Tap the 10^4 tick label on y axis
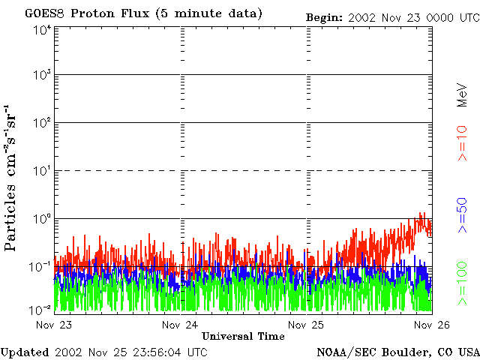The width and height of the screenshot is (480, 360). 42,31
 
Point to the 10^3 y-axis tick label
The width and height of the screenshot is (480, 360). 42,75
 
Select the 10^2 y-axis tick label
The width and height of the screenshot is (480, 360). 42,122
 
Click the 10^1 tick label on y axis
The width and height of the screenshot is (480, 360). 42,170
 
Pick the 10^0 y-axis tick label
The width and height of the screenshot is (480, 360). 42,218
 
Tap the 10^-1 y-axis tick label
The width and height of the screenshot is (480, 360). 41,266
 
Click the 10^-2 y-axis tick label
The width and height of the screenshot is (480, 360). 41,309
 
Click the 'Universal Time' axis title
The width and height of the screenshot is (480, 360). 243,336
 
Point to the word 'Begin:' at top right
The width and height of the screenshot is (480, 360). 325,17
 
